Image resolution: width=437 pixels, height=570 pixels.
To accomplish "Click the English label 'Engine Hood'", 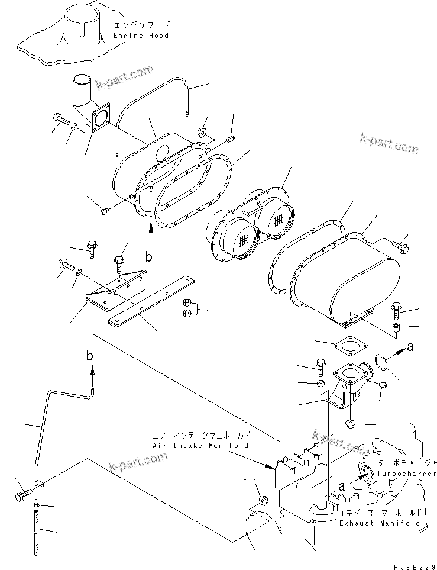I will tap(141, 36).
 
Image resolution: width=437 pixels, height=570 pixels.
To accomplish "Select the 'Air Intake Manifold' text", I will tap(200, 445).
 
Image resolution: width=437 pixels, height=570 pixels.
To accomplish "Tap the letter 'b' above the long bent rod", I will tap(90, 356).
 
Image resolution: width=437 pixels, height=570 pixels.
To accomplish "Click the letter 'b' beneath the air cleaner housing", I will tap(149, 258).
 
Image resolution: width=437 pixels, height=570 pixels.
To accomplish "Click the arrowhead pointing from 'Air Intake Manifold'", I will tap(273, 467).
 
